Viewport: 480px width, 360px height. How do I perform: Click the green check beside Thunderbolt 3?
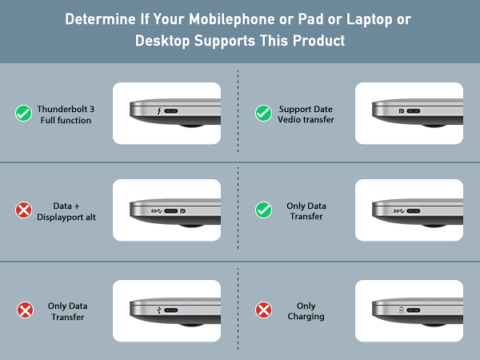coord(23,114)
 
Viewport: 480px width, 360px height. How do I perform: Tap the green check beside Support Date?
coord(262,114)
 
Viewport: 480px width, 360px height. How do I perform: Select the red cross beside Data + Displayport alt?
coord(23,211)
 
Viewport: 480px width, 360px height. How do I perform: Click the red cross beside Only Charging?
coord(262,310)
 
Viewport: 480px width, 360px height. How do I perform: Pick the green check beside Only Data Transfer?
coord(262,211)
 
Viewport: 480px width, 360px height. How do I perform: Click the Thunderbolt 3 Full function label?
coord(65,114)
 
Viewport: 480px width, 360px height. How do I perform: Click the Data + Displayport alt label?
coord(67,211)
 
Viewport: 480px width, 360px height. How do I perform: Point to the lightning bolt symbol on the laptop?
coord(161,113)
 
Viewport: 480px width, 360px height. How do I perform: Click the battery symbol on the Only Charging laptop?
coord(402,310)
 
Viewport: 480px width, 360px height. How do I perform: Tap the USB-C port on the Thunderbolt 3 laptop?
coord(175,113)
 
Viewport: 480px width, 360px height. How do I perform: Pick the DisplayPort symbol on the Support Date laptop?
coord(401,113)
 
